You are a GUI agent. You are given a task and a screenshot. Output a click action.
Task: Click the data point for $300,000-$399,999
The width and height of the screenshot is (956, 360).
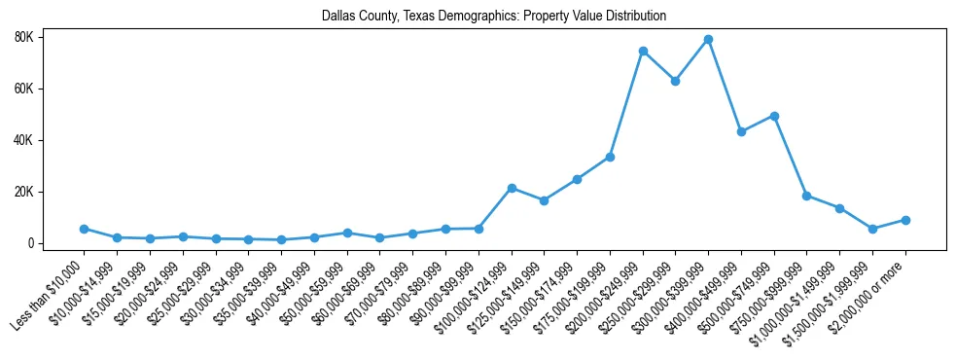pyautogui.click(x=709, y=40)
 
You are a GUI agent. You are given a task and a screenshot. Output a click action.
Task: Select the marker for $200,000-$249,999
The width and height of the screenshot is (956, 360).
pyautogui.click(x=643, y=51)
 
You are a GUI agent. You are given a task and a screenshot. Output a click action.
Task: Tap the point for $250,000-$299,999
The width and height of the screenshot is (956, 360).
pyautogui.click(x=676, y=82)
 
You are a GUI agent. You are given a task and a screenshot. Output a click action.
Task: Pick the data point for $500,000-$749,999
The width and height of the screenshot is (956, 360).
pyautogui.click(x=774, y=116)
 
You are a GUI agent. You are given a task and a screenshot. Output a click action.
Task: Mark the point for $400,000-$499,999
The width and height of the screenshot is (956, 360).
pyautogui.click(x=742, y=131)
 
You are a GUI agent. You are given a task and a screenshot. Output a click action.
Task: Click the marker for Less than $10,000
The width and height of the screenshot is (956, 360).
pyautogui.click(x=85, y=229)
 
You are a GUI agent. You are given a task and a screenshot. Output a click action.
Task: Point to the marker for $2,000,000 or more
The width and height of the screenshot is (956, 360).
pyautogui.click(x=905, y=220)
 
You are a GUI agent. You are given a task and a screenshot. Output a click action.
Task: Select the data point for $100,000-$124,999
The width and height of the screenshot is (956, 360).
pyautogui.click(x=512, y=188)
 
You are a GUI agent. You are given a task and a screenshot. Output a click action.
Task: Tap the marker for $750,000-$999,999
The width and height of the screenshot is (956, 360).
pyautogui.click(x=807, y=196)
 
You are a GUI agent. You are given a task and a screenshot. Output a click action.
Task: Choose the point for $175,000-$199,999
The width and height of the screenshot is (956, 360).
pyautogui.click(x=610, y=157)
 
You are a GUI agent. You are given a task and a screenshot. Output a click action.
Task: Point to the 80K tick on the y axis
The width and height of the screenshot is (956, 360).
pyautogui.click(x=51, y=37)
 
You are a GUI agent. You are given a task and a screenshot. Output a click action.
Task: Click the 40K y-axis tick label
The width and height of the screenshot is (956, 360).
pyautogui.click(x=51, y=140)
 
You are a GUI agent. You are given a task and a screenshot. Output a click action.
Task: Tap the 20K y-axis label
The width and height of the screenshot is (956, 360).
pyautogui.click(x=51, y=192)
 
